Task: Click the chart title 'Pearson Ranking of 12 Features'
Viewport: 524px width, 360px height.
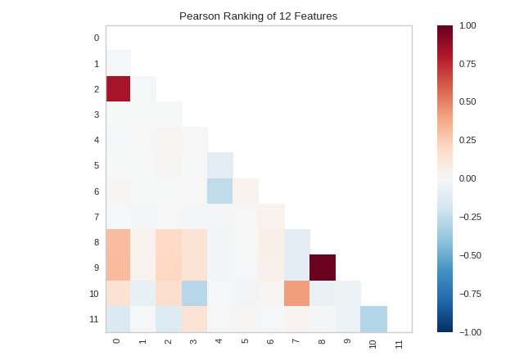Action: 258,16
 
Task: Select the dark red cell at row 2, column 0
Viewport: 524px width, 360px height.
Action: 118,88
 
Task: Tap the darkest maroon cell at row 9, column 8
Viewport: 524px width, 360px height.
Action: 323,268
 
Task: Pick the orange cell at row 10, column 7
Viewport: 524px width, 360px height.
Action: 297,293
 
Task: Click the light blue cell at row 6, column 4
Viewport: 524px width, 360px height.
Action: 220,191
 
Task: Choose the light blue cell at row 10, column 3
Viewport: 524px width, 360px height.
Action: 195,293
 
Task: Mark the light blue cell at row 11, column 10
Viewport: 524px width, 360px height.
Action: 374,319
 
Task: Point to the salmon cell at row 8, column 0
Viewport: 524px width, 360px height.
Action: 118,242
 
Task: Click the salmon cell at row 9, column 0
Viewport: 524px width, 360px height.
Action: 118,268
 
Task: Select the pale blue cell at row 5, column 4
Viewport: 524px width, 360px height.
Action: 220,165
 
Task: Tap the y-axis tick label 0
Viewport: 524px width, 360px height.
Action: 96,38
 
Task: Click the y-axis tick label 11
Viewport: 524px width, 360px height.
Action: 94,319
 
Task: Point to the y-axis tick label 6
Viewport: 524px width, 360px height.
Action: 96,191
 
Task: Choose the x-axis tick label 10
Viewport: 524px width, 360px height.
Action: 373,344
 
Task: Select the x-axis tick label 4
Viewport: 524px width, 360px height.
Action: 219,341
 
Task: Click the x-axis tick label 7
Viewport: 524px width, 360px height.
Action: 296,341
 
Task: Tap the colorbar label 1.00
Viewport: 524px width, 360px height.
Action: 468,25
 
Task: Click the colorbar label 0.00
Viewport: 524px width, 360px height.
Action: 468,178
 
